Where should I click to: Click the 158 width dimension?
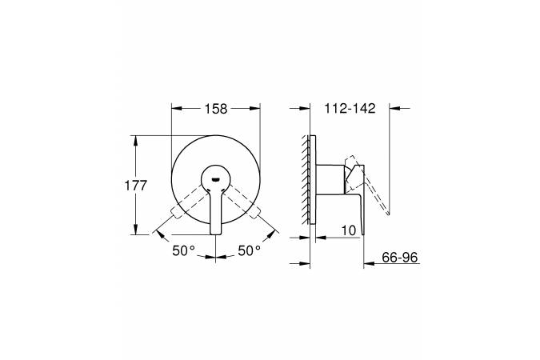216,109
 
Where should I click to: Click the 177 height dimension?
136,186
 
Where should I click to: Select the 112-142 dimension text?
350,109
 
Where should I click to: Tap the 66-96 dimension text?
400,257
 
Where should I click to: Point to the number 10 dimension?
349,230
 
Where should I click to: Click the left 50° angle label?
183,250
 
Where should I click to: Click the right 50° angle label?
250,250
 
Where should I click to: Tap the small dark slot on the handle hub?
215,179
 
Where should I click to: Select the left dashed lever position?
188,202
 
